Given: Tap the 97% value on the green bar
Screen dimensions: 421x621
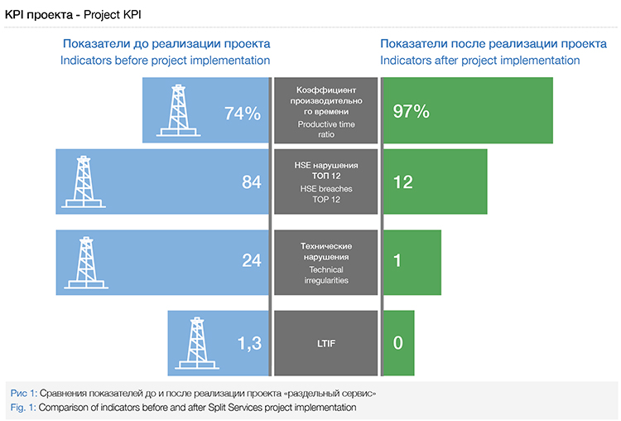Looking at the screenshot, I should [x=412, y=112].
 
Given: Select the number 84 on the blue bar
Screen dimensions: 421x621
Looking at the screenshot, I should [x=252, y=182].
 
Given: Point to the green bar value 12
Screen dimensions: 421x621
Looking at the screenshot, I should [x=403, y=182].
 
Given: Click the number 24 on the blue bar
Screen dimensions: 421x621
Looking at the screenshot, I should [x=252, y=260].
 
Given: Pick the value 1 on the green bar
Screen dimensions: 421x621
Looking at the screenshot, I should [x=397, y=260].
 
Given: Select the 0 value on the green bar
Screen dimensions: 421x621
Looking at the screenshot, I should [x=398, y=341].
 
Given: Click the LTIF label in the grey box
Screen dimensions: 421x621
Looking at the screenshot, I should [x=325, y=341].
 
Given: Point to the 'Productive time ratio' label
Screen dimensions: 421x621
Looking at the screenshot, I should [x=325, y=128].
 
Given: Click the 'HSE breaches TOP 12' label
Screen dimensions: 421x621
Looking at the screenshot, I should [x=325, y=194].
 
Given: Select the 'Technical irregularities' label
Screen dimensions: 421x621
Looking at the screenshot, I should [x=325, y=275].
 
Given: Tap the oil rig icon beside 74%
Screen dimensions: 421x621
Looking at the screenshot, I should [x=180, y=110].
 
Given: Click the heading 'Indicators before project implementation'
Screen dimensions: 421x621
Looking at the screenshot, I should [x=166, y=60].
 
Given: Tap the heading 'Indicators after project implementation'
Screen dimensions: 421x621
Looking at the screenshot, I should [x=480, y=60].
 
